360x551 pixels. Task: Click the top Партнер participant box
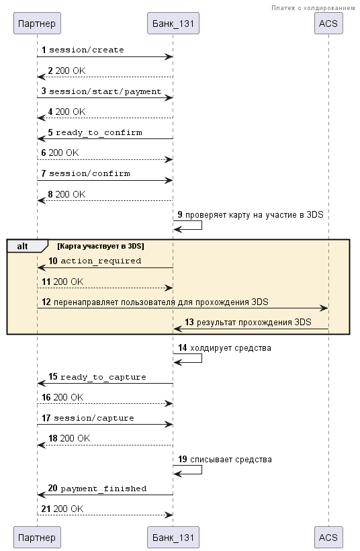click(37, 24)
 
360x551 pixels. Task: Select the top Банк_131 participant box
click(173, 24)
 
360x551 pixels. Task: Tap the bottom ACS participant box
click(328, 538)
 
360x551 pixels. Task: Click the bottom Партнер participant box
click(37, 538)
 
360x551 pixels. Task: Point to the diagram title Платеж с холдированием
click(313, 8)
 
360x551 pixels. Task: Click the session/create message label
click(87, 50)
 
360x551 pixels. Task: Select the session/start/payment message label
click(105, 91)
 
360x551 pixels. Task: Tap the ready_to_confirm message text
click(99, 132)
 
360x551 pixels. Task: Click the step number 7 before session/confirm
click(44, 173)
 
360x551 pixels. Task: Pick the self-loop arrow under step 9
click(201, 225)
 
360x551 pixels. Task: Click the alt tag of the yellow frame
click(22, 247)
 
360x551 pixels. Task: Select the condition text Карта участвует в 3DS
click(101, 246)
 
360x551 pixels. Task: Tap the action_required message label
click(101, 261)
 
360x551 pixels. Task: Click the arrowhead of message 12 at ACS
click(325, 308)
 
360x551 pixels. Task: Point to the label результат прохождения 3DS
click(254, 323)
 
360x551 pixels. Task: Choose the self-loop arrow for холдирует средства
click(201, 358)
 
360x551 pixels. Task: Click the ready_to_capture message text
click(103, 377)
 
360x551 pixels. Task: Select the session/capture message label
click(94, 418)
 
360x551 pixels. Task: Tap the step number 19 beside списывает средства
click(183, 460)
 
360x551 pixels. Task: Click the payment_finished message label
click(103, 489)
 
